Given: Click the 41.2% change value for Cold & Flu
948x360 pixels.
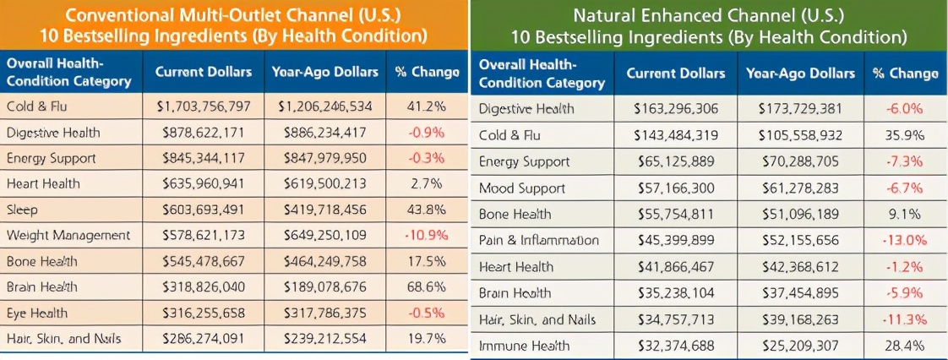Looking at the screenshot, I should [x=427, y=107].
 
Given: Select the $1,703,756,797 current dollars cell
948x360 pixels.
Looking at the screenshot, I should [x=203, y=107].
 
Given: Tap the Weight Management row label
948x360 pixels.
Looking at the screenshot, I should [x=68, y=235].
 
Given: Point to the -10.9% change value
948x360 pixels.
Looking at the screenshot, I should [x=427, y=235].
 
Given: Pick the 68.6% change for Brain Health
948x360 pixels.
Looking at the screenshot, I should [x=427, y=286].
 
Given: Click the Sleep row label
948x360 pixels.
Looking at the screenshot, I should [x=22, y=209].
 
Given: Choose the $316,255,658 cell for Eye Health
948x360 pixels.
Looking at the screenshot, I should [x=203, y=313].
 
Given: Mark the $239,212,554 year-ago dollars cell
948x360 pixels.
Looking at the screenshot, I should [x=324, y=339].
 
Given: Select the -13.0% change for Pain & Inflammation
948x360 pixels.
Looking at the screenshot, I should [x=905, y=240].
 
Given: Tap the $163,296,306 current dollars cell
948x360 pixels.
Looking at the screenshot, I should [x=674, y=109].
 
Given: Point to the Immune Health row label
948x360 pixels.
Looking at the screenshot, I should [x=524, y=346].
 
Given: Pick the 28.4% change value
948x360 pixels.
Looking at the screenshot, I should [x=905, y=346].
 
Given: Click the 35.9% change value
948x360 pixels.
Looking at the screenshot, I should [x=905, y=135].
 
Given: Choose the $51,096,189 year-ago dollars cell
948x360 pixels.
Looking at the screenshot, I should [x=796, y=214].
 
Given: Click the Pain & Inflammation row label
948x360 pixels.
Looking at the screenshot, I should [x=538, y=240].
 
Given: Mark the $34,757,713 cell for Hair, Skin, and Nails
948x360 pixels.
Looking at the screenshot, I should [x=674, y=319].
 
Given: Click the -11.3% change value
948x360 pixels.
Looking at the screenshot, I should [x=905, y=319].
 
